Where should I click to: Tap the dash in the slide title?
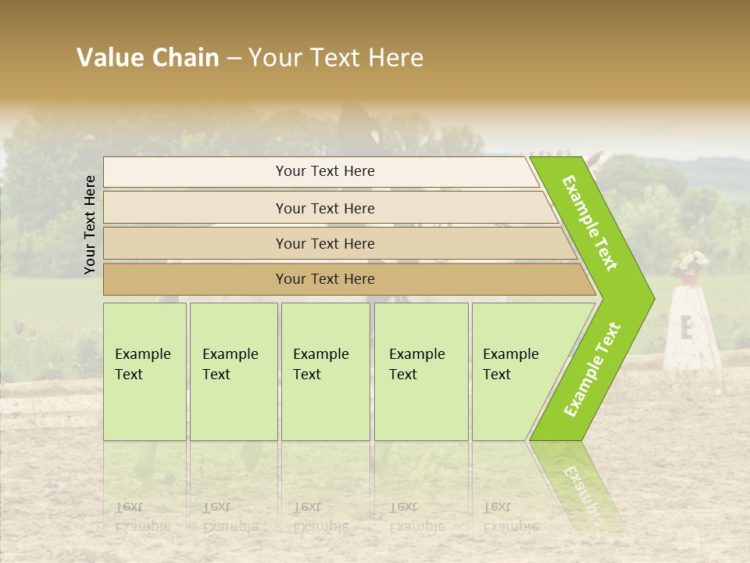pos(234,59)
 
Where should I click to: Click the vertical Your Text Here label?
pos(90,224)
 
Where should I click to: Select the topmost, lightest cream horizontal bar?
pos(320,171)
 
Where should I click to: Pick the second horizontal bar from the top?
pos(328,208)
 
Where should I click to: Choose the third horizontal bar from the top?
pos(336,243)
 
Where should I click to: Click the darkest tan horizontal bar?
pos(344,279)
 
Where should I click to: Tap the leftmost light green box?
pos(145,371)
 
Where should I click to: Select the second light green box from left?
pos(233,371)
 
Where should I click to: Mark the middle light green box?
pos(325,371)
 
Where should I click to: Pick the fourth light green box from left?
pos(421,371)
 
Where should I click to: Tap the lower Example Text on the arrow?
pos(592,369)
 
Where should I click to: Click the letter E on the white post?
pos(687,328)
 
